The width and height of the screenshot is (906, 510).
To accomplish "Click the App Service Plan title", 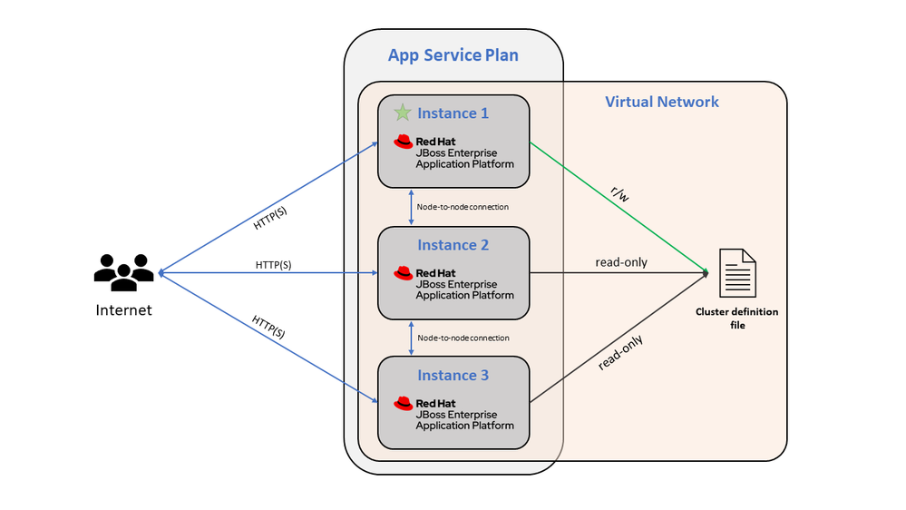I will click(x=453, y=55).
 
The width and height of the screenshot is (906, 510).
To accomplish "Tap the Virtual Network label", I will click(x=661, y=102).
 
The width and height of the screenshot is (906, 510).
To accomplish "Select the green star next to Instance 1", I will click(x=402, y=113).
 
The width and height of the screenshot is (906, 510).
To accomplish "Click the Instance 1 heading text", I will click(x=453, y=113).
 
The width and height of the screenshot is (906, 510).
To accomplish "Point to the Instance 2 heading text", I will click(x=453, y=245).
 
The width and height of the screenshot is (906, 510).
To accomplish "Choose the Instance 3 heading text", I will click(x=453, y=376).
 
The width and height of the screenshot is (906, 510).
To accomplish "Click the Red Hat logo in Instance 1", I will click(x=404, y=142).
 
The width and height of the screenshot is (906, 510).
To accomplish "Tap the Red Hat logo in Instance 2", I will click(x=404, y=272).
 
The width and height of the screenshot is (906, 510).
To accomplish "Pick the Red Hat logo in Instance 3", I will click(x=404, y=403).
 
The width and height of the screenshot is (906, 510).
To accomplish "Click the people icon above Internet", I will click(x=123, y=272).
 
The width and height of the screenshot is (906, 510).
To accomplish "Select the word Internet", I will click(x=123, y=310).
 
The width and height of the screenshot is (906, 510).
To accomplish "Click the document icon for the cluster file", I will click(x=736, y=272).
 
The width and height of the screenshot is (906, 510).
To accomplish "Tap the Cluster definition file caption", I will click(x=736, y=318).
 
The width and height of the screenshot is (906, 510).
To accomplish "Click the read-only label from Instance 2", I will click(x=621, y=262).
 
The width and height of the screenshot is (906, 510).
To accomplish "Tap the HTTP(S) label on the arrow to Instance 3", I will click(x=268, y=327).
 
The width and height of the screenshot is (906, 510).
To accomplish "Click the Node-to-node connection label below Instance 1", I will click(x=463, y=207).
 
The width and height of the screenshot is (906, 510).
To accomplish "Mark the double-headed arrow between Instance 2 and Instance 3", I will click(x=413, y=338).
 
